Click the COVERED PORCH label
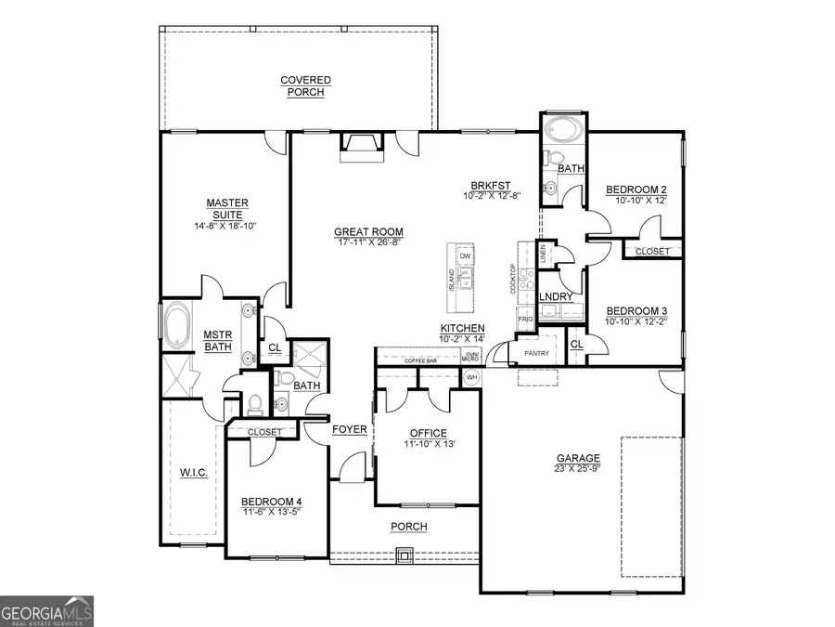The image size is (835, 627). click(305, 86)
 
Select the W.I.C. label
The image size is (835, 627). click(194, 473)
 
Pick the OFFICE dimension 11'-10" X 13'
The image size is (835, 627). click(428, 445)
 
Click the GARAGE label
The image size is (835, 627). click(578, 458)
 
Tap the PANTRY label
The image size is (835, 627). click(537, 353)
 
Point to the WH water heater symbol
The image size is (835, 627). click(471, 377)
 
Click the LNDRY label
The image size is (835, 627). click(555, 296)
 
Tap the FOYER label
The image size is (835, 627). click(350, 429)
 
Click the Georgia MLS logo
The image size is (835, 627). click(46, 610)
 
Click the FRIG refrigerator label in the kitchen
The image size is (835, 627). click(524, 319)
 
